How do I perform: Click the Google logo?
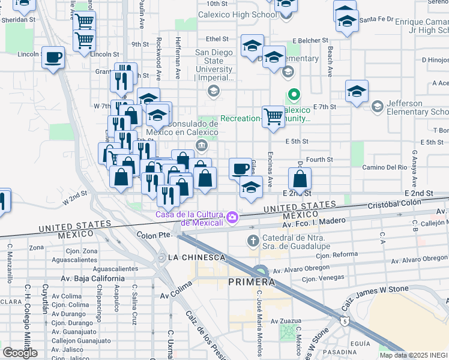tap(20, 353)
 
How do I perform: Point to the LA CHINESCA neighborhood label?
tap(197, 257)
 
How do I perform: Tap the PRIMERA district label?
tap(252, 282)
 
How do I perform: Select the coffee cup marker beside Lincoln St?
tap(54, 58)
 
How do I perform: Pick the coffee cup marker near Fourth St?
tap(240, 168)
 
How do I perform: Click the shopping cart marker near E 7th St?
tap(273, 116)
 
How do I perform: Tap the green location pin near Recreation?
tap(294, 94)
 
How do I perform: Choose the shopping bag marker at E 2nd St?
tap(300, 178)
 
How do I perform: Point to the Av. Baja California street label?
tap(92, 278)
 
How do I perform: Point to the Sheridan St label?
tap(19, 19)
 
